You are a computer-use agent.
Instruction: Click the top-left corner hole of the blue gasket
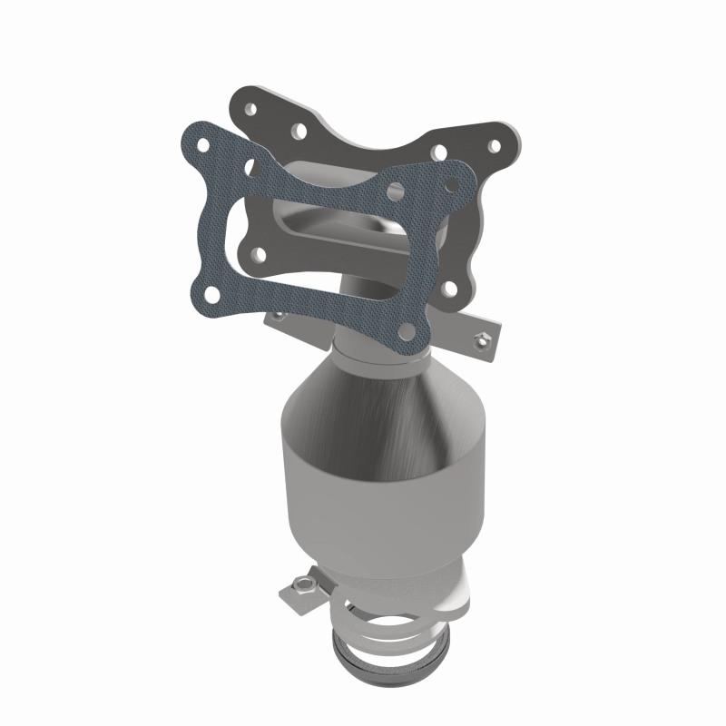pos(205,144)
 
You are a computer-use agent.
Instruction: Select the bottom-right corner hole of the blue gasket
pos(411,324)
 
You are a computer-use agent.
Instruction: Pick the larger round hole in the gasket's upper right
pos(394,191)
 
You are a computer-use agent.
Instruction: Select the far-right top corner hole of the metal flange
pos(495,144)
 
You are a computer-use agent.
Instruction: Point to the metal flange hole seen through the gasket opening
pos(258,254)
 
